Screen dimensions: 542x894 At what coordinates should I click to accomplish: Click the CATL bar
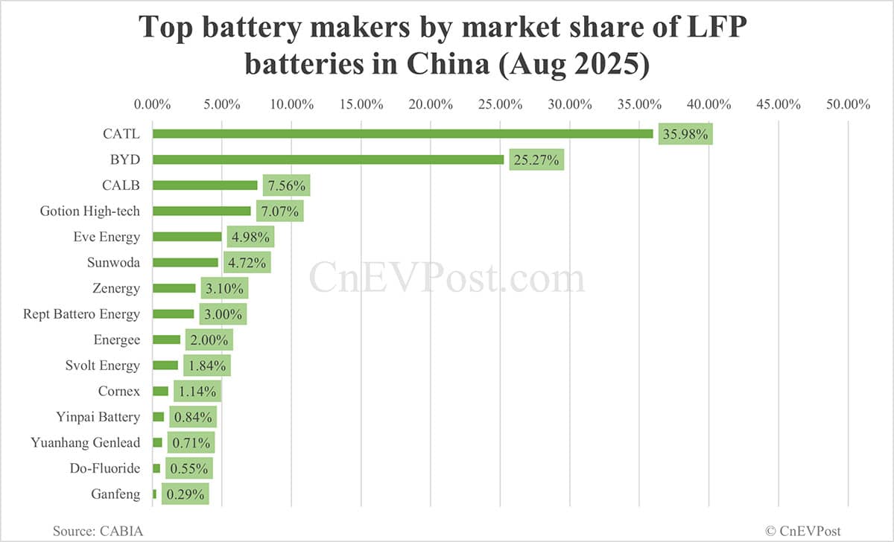coord(402,134)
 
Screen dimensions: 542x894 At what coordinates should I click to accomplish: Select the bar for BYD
coord(328,159)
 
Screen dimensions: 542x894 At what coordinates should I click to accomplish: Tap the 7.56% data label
coord(284,185)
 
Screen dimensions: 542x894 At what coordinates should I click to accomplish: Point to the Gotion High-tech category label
coord(89,211)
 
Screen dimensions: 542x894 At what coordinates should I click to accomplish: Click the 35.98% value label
coord(685,134)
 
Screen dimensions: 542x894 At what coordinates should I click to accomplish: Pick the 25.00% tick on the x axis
coord(501,105)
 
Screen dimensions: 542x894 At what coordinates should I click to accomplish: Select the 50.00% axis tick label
coord(848,105)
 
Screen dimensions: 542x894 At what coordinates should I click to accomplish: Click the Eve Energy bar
coord(187,237)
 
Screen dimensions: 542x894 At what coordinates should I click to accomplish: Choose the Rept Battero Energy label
coord(81,314)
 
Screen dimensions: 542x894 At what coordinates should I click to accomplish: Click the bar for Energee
coord(166,339)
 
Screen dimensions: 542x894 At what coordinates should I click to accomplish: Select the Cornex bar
coord(160,391)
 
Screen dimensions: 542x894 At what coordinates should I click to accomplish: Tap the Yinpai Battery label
coord(98,417)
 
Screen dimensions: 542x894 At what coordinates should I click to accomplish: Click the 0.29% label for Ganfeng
coord(186,494)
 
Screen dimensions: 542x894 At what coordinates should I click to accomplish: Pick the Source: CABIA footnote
coord(98,531)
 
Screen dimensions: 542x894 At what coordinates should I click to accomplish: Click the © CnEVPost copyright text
coord(803,531)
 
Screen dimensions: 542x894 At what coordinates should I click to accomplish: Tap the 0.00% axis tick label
coord(153,105)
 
